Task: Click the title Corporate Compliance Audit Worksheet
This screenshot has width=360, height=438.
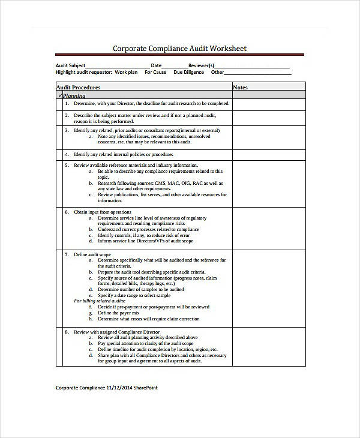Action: tap(180, 49)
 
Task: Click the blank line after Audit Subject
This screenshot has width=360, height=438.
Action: tap(118, 67)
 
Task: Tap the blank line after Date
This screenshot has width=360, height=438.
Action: tap(175, 67)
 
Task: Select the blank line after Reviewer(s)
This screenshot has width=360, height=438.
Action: tap(252, 67)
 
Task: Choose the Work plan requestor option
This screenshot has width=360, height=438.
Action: tap(126, 73)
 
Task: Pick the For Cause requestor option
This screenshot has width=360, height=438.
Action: tap(155, 73)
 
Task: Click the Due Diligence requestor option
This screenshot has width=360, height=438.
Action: tap(188, 73)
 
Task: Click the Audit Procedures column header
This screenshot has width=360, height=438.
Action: tap(78, 88)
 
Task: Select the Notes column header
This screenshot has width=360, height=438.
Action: tap(240, 88)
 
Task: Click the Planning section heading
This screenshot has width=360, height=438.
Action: tap(74, 96)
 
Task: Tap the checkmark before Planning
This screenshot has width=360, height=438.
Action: tap(60, 95)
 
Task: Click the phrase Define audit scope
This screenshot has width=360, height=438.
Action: tap(92, 254)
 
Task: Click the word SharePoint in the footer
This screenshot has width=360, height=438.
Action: tap(145, 388)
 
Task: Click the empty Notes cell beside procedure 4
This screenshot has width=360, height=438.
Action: tap(269, 154)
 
